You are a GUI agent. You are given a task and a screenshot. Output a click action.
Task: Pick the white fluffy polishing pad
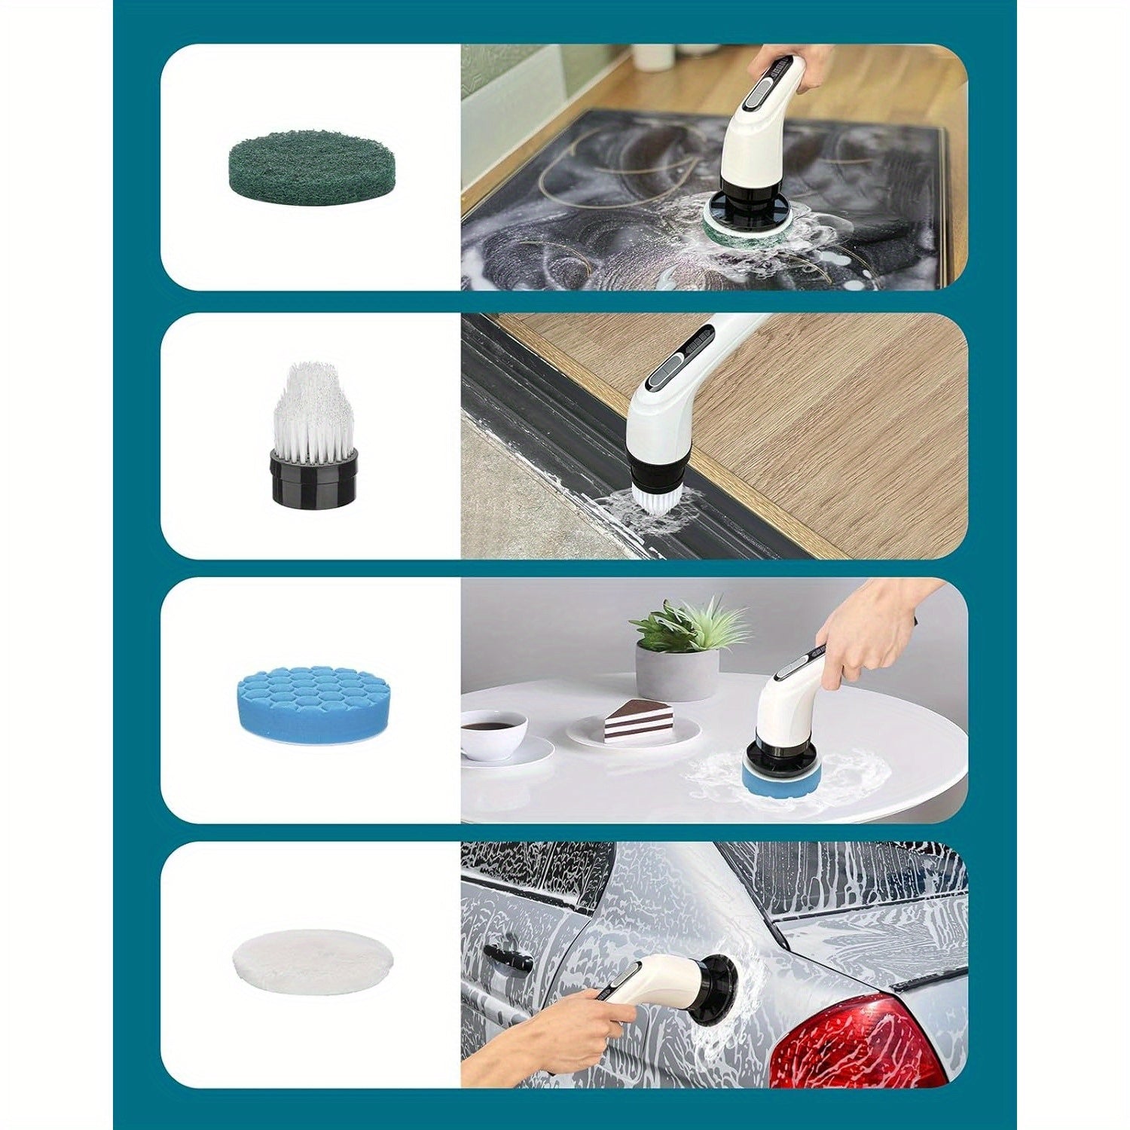(313, 968)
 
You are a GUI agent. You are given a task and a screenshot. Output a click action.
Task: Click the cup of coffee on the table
(493, 731)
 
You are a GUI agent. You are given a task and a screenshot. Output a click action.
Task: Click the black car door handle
(506, 957)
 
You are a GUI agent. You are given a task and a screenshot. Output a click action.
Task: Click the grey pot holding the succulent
(676, 673)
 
